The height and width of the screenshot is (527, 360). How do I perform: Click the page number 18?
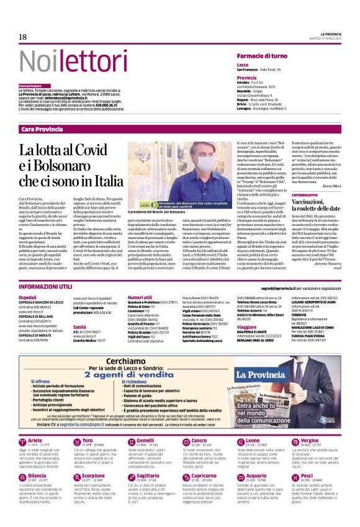pos(22,37)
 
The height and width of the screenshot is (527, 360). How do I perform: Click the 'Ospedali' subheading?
pos(27,297)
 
